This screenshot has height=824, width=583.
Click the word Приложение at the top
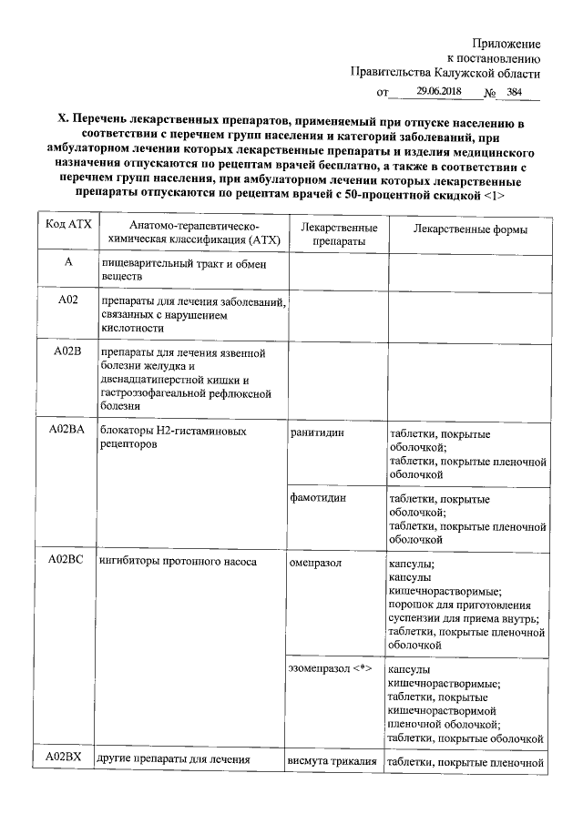coord(506,43)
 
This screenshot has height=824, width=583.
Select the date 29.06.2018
coord(440,92)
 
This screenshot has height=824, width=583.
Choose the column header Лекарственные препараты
coord(332,234)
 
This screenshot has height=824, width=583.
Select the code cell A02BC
coord(66,561)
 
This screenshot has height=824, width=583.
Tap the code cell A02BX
coord(66,759)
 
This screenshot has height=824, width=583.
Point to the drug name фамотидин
coord(319,499)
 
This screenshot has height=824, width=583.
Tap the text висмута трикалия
coord(332,761)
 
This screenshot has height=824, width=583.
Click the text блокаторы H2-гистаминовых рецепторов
coord(172,438)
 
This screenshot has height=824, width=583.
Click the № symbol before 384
coord(489,93)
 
